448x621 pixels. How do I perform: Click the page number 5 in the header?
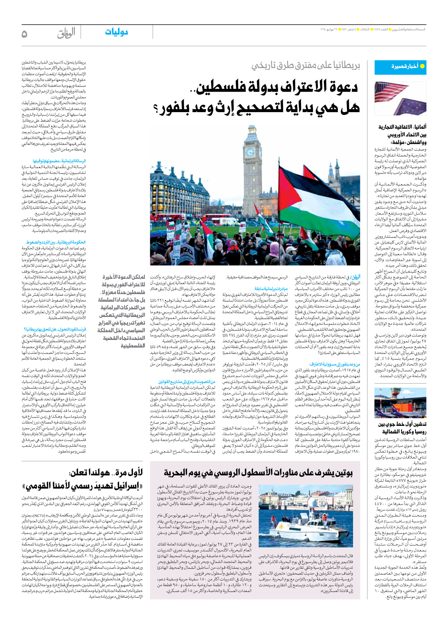point(24,34)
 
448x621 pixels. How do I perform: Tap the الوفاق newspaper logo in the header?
point(66,33)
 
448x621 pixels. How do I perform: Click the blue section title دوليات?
point(116,32)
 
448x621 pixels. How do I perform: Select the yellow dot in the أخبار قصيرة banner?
point(422,66)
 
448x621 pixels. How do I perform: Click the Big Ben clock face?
point(250,153)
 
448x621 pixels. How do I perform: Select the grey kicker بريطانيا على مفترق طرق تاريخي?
point(305,65)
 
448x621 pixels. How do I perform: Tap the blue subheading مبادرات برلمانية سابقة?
point(271,288)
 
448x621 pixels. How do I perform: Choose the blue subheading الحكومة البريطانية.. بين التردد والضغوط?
point(56,242)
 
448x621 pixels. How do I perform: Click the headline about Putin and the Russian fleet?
point(258,473)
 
